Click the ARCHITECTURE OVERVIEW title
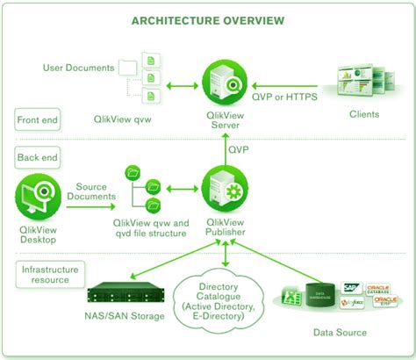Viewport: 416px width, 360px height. click(x=207, y=19)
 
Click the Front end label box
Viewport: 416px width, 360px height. click(x=36, y=119)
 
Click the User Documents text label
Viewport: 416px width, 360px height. click(x=78, y=67)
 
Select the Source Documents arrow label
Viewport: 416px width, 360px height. click(x=91, y=193)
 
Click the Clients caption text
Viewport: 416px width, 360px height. click(x=363, y=114)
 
